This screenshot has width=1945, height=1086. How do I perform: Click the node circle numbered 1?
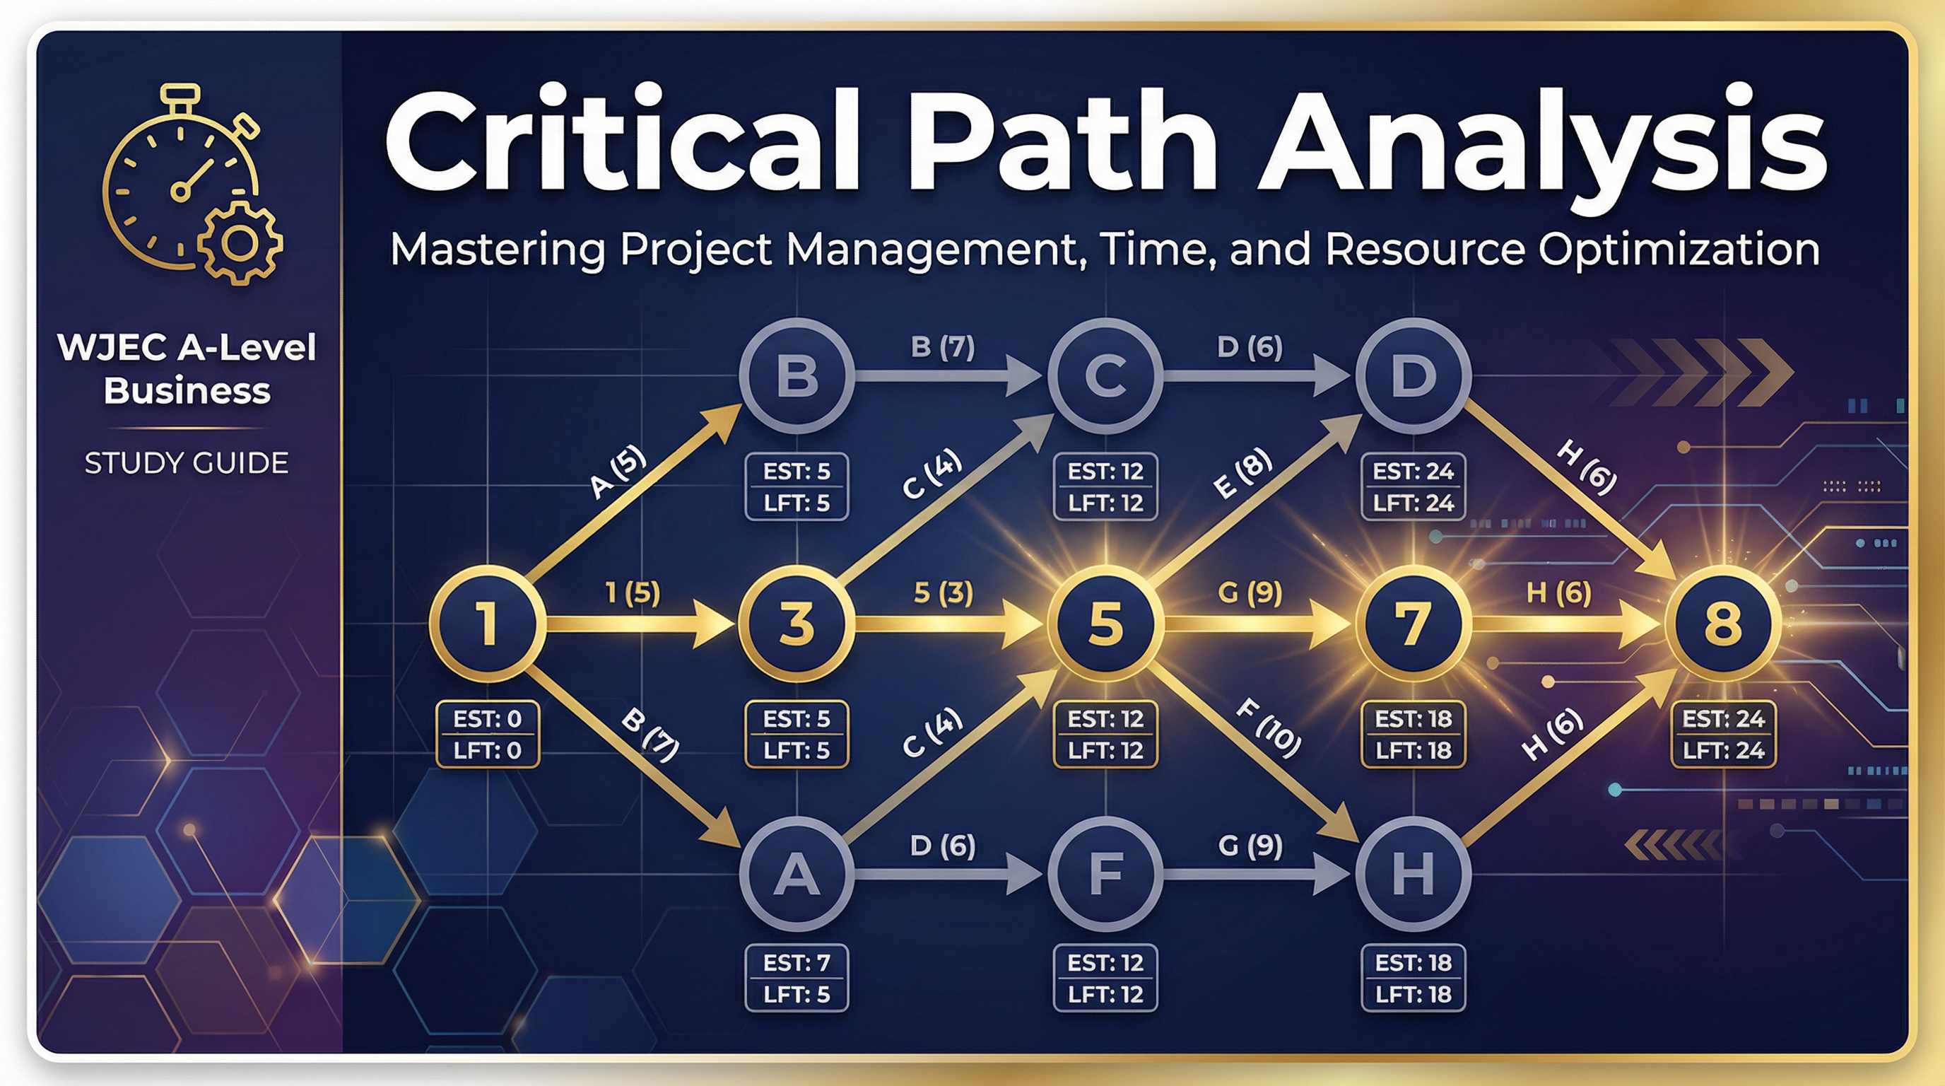488,624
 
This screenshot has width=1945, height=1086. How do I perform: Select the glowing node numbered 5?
1105,624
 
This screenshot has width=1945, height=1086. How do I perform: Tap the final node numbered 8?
1723,624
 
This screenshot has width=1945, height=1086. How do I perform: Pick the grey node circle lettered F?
1105,874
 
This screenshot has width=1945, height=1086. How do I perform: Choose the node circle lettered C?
1105,375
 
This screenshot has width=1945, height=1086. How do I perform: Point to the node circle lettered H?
1414,874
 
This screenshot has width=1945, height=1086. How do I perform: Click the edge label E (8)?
1242,474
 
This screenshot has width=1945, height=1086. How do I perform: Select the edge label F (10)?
1269,728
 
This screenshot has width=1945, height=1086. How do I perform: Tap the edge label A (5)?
618,473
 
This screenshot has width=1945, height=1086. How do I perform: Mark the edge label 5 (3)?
943,592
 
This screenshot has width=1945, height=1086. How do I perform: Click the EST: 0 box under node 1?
488,734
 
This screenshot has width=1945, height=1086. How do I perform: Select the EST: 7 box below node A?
797,978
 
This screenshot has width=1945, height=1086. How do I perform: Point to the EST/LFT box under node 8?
1723,734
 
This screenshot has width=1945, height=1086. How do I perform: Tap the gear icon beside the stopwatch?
240,243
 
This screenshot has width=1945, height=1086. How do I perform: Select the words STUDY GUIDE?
187,463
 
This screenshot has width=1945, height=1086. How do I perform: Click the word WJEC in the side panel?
110,348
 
